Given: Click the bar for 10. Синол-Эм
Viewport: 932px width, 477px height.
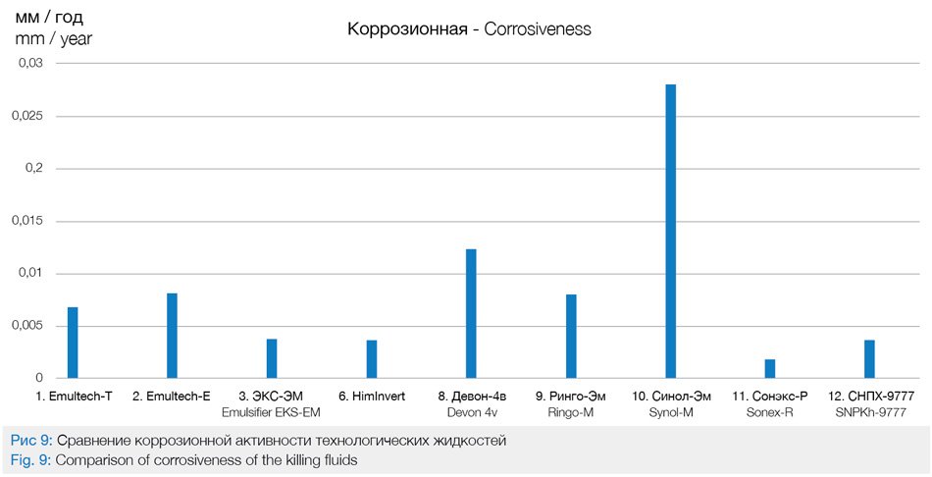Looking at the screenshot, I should (670, 231).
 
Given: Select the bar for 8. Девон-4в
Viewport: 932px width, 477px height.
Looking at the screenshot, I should (471, 313).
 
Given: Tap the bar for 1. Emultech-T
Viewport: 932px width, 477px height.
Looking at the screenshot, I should (73, 343).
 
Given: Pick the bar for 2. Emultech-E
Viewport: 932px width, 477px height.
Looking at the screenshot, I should (172, 336).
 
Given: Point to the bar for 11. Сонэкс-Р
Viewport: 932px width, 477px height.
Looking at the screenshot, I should (770, 368).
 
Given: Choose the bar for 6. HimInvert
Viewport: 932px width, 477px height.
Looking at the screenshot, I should (372, 358).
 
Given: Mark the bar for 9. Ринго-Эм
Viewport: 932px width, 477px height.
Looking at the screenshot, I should (571, 336).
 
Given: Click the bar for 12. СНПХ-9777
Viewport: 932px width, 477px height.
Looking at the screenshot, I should (869, 358).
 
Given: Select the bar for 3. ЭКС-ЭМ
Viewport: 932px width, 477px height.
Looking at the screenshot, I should (272, 358).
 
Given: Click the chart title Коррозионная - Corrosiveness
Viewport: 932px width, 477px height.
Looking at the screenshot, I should (469, 29).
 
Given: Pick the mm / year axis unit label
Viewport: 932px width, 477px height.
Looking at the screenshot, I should (54, 39).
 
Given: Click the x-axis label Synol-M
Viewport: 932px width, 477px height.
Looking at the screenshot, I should (670, 412).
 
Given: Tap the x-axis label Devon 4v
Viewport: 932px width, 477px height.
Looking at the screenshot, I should (471, 412).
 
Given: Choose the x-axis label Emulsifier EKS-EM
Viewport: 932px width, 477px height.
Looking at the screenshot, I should (272, 412).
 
